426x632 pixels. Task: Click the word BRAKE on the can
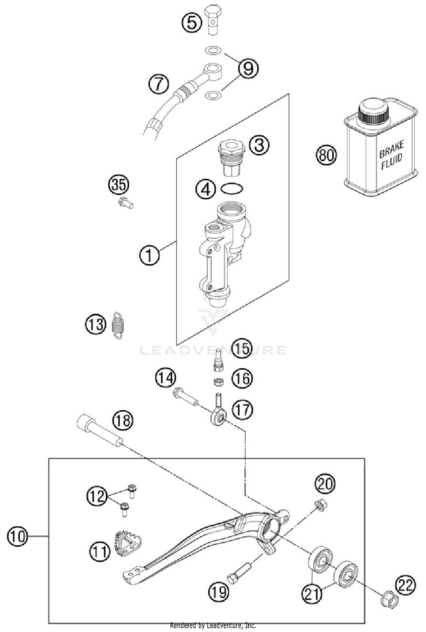(391, 149)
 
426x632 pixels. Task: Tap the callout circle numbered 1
(149, 255)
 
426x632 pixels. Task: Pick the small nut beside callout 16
(218, 382)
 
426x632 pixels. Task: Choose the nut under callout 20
(320, 505)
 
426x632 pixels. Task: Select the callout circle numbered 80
(326, 155)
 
